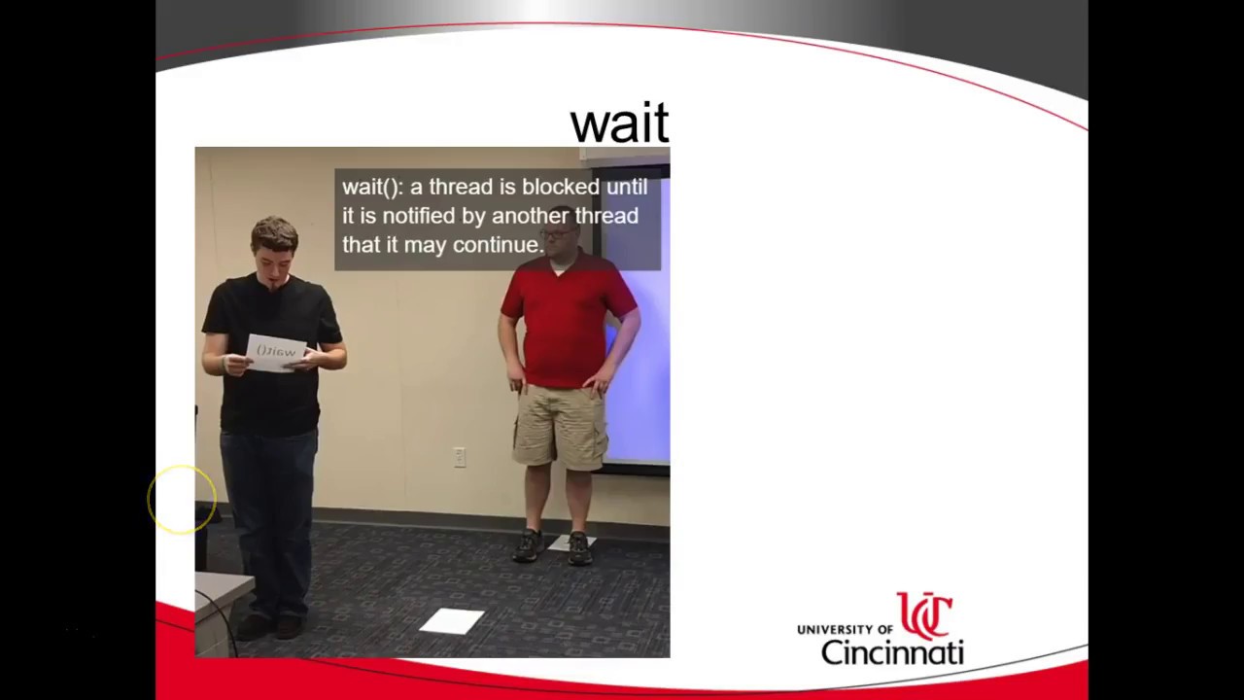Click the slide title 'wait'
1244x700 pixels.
click(619, 123)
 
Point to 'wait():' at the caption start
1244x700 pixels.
click(372, 187)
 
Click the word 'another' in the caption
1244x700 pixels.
click(530, 216)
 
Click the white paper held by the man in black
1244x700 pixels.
click(277, 353)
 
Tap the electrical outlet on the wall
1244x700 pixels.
click(460, 457)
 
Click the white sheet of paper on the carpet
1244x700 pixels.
click(451, 620)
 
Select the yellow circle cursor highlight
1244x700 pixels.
click(182, 500)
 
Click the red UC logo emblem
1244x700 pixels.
click(924, 615)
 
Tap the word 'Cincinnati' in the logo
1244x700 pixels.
click(891, 651)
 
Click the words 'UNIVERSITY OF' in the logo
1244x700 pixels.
click(845, 629)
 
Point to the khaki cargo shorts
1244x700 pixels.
click(561, 425)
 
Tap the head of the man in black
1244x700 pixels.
click(274, 249)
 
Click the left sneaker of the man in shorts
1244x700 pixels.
click(528, 546)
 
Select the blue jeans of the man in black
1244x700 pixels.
click(268, 506)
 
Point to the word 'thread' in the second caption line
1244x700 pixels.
click(606, 216)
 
